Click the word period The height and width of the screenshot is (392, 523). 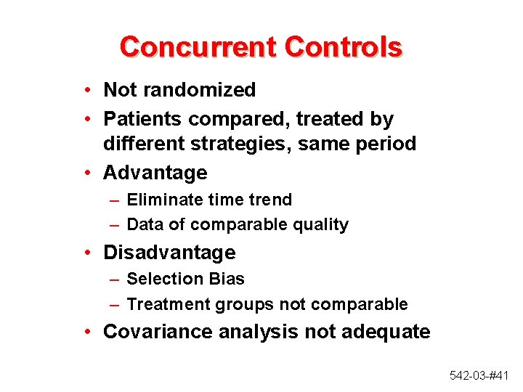386,144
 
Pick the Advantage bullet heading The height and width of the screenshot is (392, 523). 155,173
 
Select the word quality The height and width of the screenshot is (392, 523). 320,225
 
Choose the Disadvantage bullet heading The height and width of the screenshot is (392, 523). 169,253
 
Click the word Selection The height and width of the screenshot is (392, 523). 161,279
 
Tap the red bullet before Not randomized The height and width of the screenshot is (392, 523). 86,90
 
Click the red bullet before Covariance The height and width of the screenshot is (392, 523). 86,332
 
